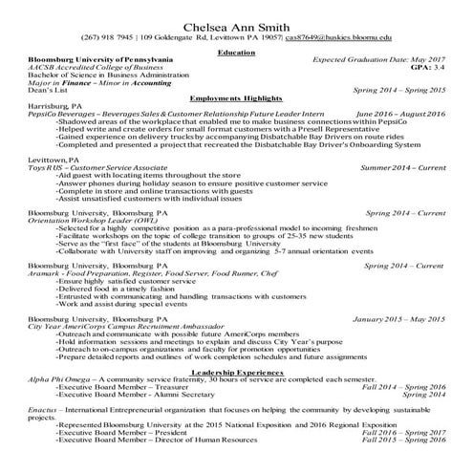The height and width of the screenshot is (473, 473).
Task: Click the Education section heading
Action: [x=236, y=53]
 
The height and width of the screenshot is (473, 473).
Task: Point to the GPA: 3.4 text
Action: [x=426, y=69]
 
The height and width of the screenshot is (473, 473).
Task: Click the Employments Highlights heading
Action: [x=236, y=124]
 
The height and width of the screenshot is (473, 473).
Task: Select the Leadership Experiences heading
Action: [x=236, y=370]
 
